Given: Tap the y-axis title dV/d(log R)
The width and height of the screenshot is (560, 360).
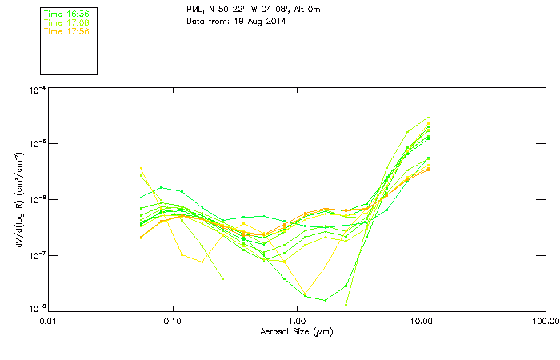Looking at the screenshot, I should (19, 200).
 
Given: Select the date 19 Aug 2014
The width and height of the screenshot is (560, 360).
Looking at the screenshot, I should (259, 21).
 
